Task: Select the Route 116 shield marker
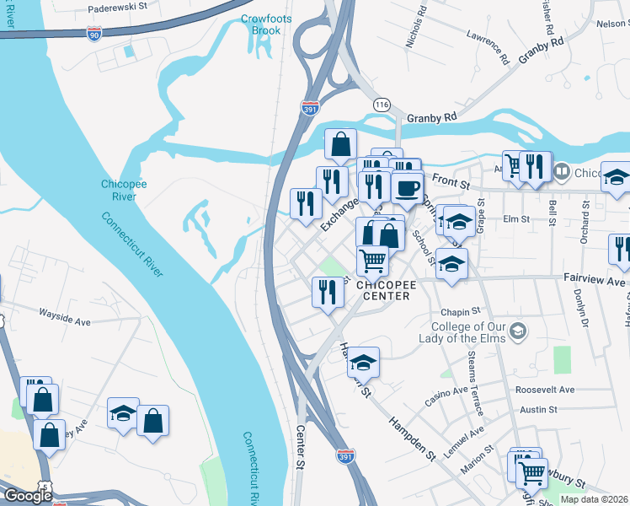[382, 104]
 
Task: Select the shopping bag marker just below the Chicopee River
[340, 146]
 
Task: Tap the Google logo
[28, 496]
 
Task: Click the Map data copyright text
[595, 499]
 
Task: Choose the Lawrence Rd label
[489, 48]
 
